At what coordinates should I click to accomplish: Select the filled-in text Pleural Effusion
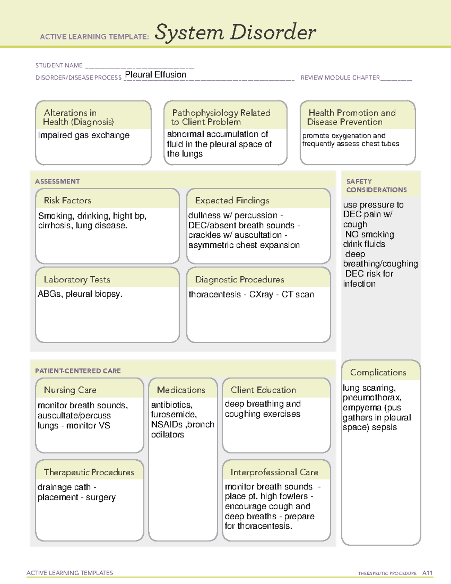pyautogui.click(x=155, y=75)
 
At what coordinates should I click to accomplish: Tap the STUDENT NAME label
pyautogui.click(x=59, y=65)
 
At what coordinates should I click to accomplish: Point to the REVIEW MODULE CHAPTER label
pyautogui.click(x=340, y=77)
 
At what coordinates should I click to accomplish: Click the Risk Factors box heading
pyautogui.click(x=67, y=200)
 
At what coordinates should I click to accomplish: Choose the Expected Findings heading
pyautogui.click(x=232, y=200)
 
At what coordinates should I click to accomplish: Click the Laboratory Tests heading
pyautogui.click(x=77, y=279)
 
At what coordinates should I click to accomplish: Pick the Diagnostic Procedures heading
pyautogui.click(x=239, y=279)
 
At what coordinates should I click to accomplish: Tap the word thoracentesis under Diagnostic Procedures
pyautogui.click(x=215, y=294)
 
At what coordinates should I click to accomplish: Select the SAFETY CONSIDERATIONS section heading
pyautogui.click(x=376, y=185)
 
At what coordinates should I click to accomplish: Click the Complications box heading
pyautogui.click(x=378, y=372)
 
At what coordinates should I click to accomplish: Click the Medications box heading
pyautogui.click(x=181, y=390)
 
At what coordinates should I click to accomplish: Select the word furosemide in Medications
pyautogui.click(x=173, y=414)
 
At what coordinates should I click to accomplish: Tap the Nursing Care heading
pyautogui.click(x=70, y=390)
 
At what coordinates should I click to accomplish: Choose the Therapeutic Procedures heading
pyautogui.click(x=89, y=472)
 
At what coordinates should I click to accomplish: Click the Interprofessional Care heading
pyautogui.click(x=274, y=472)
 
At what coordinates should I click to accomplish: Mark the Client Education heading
pyautogui.click(x=263, y=390)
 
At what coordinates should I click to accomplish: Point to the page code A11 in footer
pyautogui.click(x=427, y=573)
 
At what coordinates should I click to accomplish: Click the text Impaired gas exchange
pyautogui.click(x=83, y=135)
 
